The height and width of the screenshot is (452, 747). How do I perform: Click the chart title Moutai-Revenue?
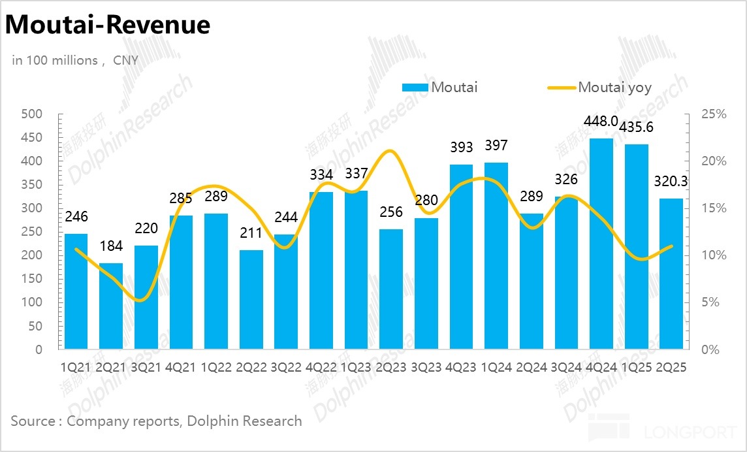[108, 25]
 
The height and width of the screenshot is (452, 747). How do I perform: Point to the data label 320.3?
[671, 182]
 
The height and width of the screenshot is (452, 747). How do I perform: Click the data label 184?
[110, 247]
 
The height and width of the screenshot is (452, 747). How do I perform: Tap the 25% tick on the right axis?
[713, 114]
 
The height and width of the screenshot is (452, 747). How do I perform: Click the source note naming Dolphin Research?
[157, 421]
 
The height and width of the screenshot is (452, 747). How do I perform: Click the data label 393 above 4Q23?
[461, 148]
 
